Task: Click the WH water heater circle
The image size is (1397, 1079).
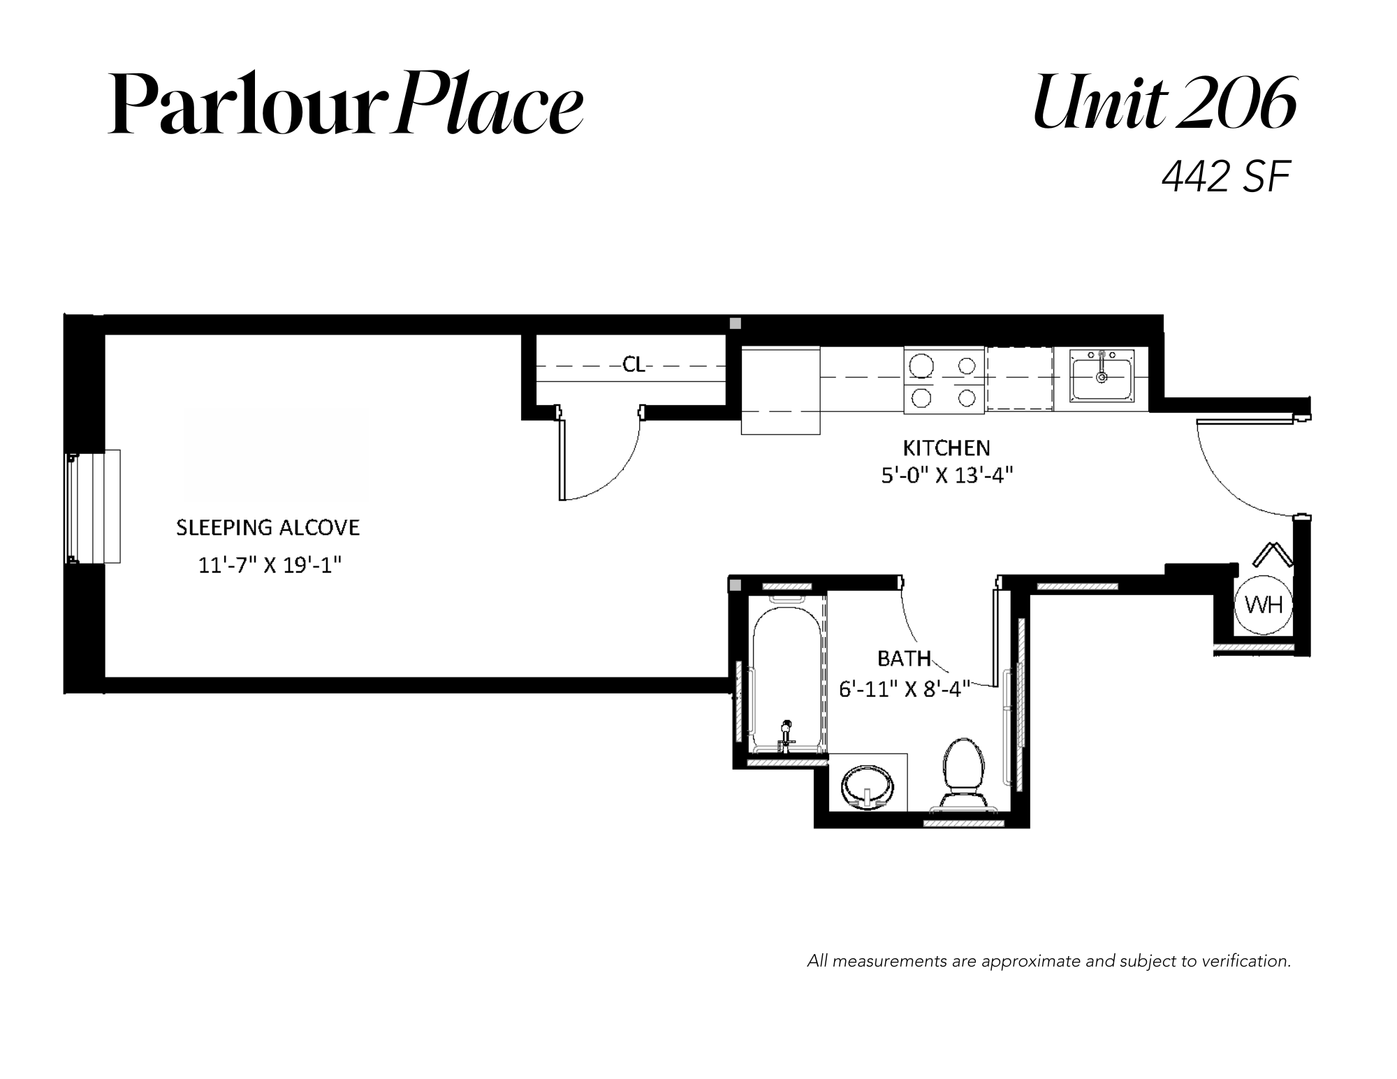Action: pos(1264,605)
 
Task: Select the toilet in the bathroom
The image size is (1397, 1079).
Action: pos(964,774)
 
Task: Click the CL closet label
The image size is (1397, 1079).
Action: pos(634,365)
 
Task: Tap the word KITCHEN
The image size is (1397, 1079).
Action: pos(946,448)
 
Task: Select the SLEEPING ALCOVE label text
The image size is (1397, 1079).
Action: pos(268,527)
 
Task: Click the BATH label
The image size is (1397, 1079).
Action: pos(904,659)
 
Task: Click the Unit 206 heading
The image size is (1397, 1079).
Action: pos(1164,103)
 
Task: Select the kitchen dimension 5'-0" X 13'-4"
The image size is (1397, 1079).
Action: pos(946,476)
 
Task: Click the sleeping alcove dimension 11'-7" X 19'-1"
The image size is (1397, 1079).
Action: pos(270,564)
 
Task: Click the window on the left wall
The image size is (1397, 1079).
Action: pos(94,506)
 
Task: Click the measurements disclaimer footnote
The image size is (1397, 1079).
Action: pos(1049,962)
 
